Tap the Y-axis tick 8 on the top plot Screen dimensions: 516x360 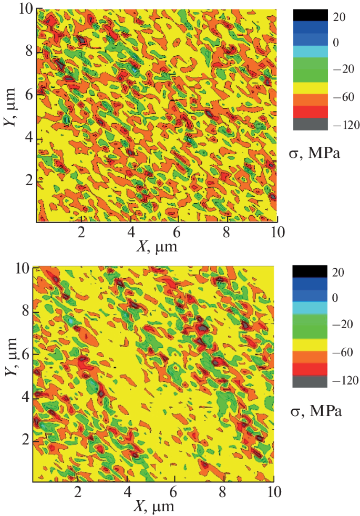[x=28, y=52]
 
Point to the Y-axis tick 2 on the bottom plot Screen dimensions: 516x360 [x=25, y=440]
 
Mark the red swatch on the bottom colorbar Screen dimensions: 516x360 [x=309, y=369]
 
